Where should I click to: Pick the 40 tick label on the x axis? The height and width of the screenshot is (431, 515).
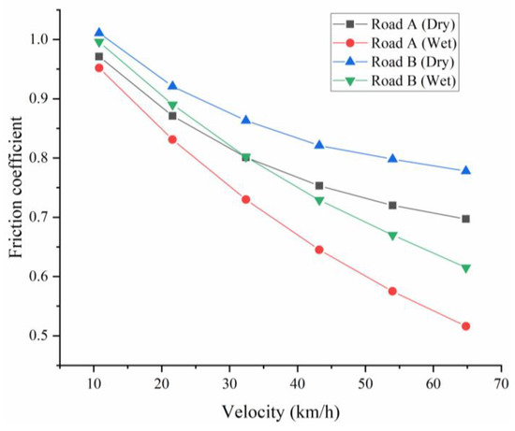tap(297, 384)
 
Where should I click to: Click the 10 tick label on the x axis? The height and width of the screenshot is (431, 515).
tap(94, 384)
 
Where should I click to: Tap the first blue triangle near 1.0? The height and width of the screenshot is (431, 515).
tap(99, 33)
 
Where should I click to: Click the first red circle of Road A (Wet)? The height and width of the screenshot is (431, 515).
tap(99, 67)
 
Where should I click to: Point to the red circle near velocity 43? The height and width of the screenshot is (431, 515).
tap(319, 250)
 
